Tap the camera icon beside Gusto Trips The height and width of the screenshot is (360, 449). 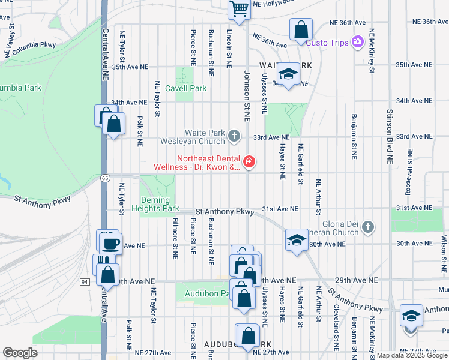click(358, 41)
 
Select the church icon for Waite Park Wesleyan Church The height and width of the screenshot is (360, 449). click(234, 137)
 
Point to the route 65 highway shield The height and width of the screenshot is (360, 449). click(106, 178)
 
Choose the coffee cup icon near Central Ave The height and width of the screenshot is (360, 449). click(110, 243)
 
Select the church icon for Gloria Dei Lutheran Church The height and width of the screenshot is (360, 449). click(368, 227)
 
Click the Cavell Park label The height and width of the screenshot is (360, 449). click(185, 88)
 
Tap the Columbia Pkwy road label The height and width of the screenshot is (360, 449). click(33, 44)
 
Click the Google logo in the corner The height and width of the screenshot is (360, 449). click(20, 353)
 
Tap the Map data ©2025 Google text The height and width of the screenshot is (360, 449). click(411, 355)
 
